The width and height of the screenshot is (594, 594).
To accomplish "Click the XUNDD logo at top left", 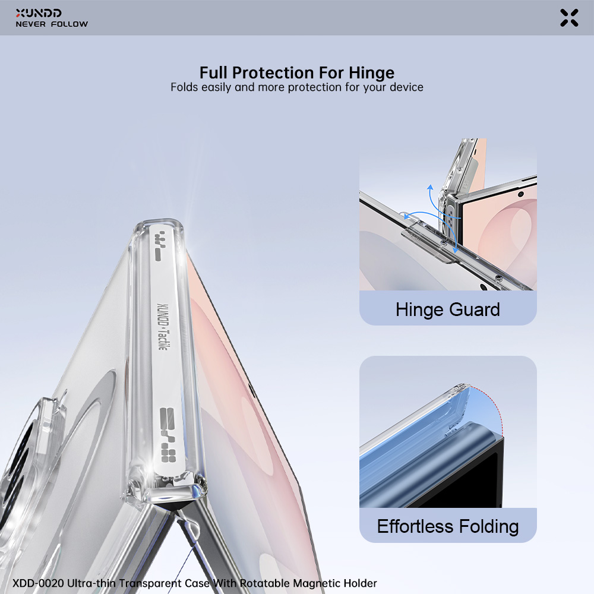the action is point(38,13).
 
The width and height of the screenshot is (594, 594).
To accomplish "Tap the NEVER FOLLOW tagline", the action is point(52,24).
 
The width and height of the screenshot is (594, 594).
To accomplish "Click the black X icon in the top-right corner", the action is point(569,18).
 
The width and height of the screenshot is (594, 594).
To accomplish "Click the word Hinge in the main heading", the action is point(371,72).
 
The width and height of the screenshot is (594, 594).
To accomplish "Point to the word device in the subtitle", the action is point(406,87).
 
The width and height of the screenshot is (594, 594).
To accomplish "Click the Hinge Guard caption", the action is point(448,309).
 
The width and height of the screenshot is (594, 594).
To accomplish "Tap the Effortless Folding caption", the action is point(448,526).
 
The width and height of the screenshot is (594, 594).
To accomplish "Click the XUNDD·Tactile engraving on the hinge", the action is point(163,327).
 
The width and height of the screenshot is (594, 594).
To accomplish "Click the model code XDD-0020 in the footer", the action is point(38,583).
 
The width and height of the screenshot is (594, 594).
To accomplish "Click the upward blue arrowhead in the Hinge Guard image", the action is point(429,187).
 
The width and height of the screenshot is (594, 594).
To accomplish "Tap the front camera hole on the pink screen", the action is point(521,194).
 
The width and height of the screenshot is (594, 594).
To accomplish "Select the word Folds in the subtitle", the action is point(185,87).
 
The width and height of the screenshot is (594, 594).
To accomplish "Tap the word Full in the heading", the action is point(214,72).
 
